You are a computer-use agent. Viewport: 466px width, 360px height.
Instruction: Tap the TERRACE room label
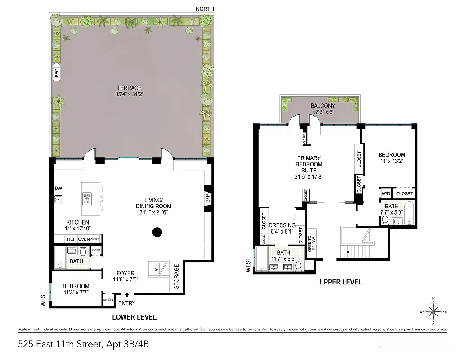tap(129, 88)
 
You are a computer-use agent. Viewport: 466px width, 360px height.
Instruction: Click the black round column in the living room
tap(157, 232)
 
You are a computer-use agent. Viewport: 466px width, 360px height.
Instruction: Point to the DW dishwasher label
tap(58, 188)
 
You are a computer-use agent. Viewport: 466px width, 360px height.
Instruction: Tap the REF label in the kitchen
tap(72, 239)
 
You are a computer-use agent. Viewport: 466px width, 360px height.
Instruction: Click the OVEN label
tap(84, 239)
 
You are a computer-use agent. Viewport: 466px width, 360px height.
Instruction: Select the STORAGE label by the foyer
tap(176, 276)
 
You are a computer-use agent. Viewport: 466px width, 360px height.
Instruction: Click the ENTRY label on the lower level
tap(126, 303)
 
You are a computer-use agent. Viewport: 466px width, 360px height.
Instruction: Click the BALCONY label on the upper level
tap(322, 106)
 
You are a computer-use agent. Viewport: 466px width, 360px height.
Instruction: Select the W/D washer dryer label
tap(385, 193)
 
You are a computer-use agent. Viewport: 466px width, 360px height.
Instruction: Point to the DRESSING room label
tap(282, 225)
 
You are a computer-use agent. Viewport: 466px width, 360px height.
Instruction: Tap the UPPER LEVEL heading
tap(340, 282)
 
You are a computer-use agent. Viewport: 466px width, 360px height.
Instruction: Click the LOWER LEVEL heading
tap(134, 317)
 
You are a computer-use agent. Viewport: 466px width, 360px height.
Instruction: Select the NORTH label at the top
tap(205, 9)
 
